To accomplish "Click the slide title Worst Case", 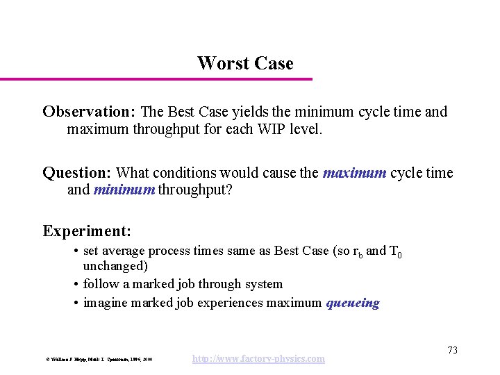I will pos(245,63).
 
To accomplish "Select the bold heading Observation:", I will pos(90,112).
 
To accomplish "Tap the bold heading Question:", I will pos(77,172).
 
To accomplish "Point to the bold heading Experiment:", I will pos(87,231).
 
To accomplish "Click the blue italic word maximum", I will pos(354,172).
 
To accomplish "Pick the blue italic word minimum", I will pos(124,190).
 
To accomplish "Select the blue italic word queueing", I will pos(353,303).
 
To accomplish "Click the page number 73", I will pos(452,350).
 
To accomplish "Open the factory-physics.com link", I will pos(258,358).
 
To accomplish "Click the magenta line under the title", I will pos(156,79).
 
